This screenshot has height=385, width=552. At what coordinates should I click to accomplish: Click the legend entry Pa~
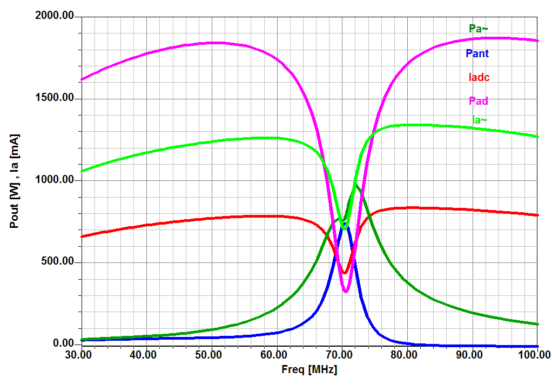pos(479,29)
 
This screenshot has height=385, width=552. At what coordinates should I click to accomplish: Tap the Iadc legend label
pos(479,77)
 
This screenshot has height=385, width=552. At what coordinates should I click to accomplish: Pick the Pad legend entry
pos(479,101)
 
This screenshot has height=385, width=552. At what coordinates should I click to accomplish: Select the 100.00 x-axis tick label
pos(535,355)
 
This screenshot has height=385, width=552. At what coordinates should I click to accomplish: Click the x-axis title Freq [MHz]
pos(309,370)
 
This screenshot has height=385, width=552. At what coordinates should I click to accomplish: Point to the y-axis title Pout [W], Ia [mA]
pos(15,181)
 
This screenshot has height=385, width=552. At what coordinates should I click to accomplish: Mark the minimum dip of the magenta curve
pos(346,292)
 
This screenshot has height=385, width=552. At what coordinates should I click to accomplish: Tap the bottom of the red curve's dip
pos(345,273)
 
